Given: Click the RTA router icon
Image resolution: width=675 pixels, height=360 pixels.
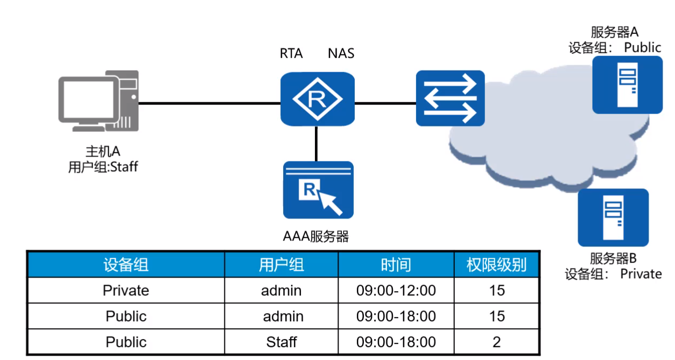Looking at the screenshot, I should tap(317, 100).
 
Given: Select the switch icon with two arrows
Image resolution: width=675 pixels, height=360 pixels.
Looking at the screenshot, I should tap(450, 98).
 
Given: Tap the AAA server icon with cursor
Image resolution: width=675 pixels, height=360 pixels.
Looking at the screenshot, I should tap(318, 190).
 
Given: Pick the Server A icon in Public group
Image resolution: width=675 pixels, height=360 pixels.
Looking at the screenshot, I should tap(627, 84).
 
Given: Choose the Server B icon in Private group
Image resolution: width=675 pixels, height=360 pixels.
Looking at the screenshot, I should tap(613, 217).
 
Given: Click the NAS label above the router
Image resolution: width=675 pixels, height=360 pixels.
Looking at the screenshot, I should tap(341, 54).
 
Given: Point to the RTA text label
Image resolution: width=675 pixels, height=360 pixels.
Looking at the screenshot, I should tap(291, 54).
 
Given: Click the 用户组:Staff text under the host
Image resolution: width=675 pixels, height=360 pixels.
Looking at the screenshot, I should tap(103, 167).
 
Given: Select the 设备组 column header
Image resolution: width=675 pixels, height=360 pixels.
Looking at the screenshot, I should tap(125, 265).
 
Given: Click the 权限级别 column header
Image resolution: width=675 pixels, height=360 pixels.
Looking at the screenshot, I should tap(496, 265).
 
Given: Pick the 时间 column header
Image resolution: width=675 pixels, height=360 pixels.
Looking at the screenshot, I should tap(396, 265).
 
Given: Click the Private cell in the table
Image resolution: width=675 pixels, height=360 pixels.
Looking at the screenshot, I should tap(125, 291).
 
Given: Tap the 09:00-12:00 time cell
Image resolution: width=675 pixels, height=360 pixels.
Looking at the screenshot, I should tap(396, 291).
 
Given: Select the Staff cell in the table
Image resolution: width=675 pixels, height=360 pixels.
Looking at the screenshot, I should tap(282, 342).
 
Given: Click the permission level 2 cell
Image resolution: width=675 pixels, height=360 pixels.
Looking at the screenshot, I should tap(496, 342).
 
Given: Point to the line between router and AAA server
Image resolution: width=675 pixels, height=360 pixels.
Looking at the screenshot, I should tap(317, 143).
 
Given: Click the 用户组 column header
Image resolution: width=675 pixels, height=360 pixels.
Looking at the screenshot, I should tap(282, 265).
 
